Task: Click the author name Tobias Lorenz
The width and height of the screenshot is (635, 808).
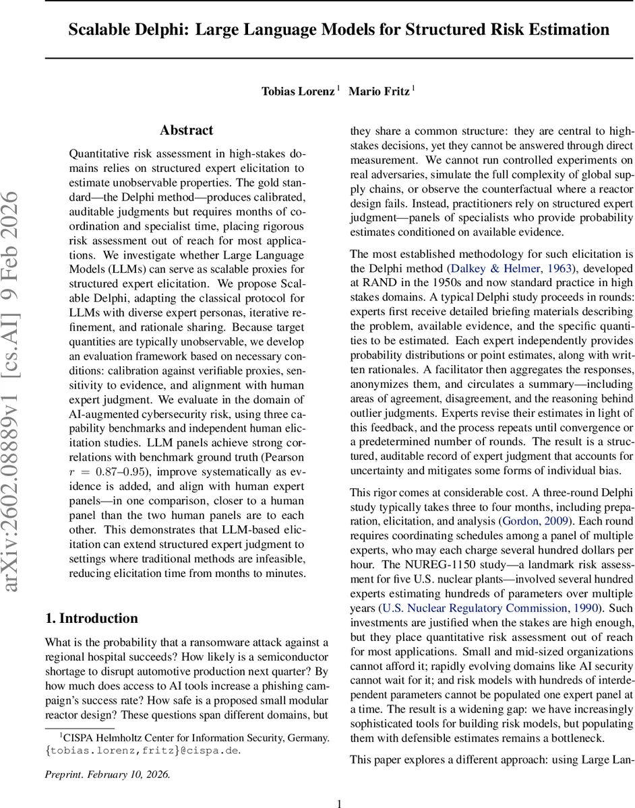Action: point(297,91)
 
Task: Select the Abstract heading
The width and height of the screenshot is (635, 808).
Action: point(186,131)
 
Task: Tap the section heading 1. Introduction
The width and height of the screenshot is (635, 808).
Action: point(91,618)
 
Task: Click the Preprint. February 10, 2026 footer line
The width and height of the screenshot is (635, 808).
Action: point(107,774)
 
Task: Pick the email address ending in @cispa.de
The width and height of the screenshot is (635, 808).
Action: point(143,750)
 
